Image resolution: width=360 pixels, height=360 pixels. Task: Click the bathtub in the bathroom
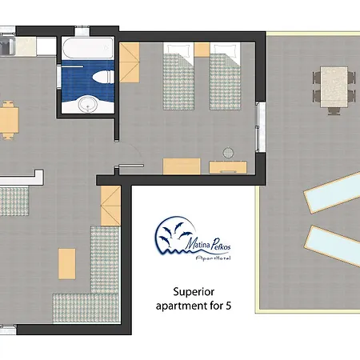[88, 48]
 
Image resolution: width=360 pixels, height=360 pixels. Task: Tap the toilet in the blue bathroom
[103, 77]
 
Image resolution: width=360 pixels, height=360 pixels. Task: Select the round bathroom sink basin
[87, 104]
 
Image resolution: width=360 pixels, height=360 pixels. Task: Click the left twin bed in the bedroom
[178, 77]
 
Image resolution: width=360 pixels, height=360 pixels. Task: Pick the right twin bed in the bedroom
[225, 77]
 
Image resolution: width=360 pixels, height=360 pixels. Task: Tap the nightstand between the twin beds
[202, 50]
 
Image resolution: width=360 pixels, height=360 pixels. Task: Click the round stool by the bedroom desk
[228, 153]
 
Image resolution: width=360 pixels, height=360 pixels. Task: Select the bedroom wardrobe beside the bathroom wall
[130, 62]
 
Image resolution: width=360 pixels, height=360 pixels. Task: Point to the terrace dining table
[334, 87]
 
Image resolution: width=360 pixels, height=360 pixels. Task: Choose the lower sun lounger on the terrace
[333, 246]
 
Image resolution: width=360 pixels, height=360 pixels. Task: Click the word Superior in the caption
[194, 292]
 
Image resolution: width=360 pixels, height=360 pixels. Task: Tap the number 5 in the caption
[228, 306]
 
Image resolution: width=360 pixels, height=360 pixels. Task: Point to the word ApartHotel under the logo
[213, 258]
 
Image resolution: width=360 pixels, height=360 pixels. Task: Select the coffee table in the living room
[66, 264]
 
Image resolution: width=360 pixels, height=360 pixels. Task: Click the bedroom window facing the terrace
[261, 127]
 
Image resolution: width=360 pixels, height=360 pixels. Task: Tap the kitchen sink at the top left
[7, 46]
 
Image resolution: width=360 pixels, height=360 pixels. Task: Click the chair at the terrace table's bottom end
[334, 111]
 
